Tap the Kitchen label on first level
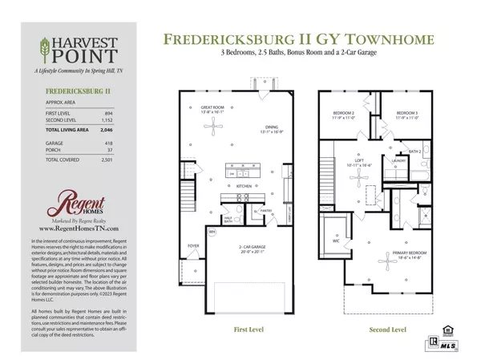(x=245, y=186)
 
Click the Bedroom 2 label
(x=343, y=114)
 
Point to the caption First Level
(x=249, y=329)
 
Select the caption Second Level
(x=385, y=329)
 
